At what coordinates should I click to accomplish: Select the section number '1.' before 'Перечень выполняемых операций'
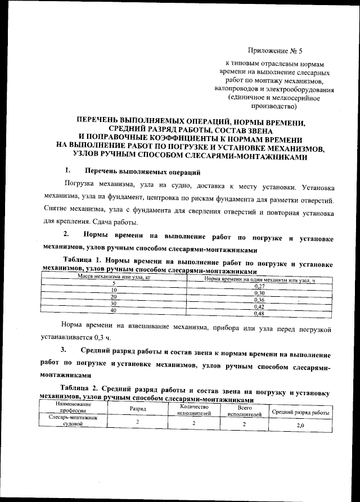(x=67, y=171)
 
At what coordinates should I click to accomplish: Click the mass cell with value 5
(x=113, y=283)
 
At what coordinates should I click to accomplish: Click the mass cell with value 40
(x=113, y=310)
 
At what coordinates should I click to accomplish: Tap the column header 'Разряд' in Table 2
(x=137, y=409)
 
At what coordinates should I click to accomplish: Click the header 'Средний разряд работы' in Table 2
(x=300, y=412)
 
